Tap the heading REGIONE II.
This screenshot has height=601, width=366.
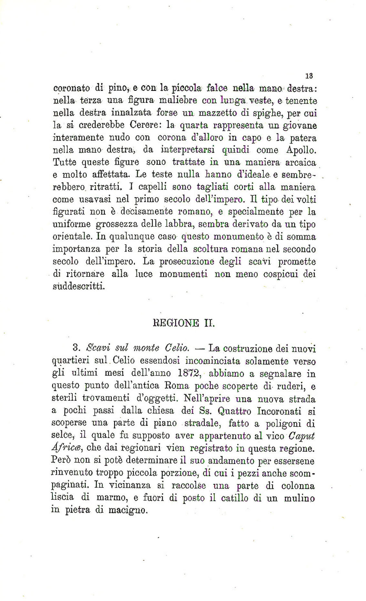pyautogui.click(x=183, y=323)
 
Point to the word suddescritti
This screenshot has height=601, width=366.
pyautogui.click(x=78, y=286)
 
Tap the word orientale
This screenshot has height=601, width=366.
pyautogui.click(x=72, y=236)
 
